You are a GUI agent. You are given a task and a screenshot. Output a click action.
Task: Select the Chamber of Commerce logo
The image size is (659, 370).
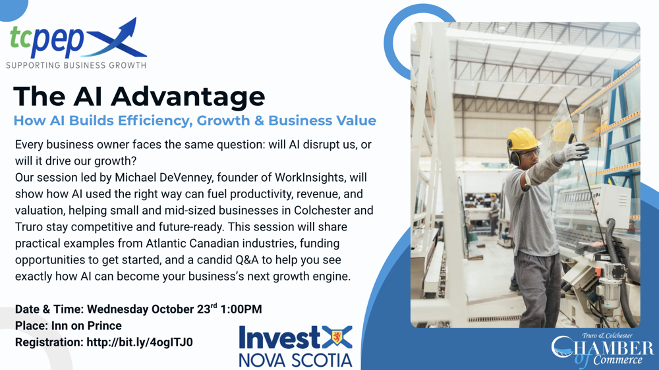(x=602, y=349)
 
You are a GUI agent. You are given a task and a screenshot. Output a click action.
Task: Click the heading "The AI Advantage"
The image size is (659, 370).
(x=139, y=96)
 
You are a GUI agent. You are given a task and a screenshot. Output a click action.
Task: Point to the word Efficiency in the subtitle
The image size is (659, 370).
(x=155, y=120)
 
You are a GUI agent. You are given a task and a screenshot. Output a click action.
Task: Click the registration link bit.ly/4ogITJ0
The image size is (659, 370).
(x=140, y=342)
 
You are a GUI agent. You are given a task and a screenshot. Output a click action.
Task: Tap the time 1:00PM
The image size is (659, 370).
(x=241, y=309)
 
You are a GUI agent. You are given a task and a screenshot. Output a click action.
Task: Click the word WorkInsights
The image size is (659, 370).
(x=309, y=178)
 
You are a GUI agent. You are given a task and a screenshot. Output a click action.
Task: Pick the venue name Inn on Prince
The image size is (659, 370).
(x=86, y=326)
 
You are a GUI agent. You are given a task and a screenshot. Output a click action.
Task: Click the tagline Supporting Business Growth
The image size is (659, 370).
(x=76, y=66)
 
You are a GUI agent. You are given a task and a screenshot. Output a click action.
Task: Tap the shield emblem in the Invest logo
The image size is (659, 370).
(x=337, y=336)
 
